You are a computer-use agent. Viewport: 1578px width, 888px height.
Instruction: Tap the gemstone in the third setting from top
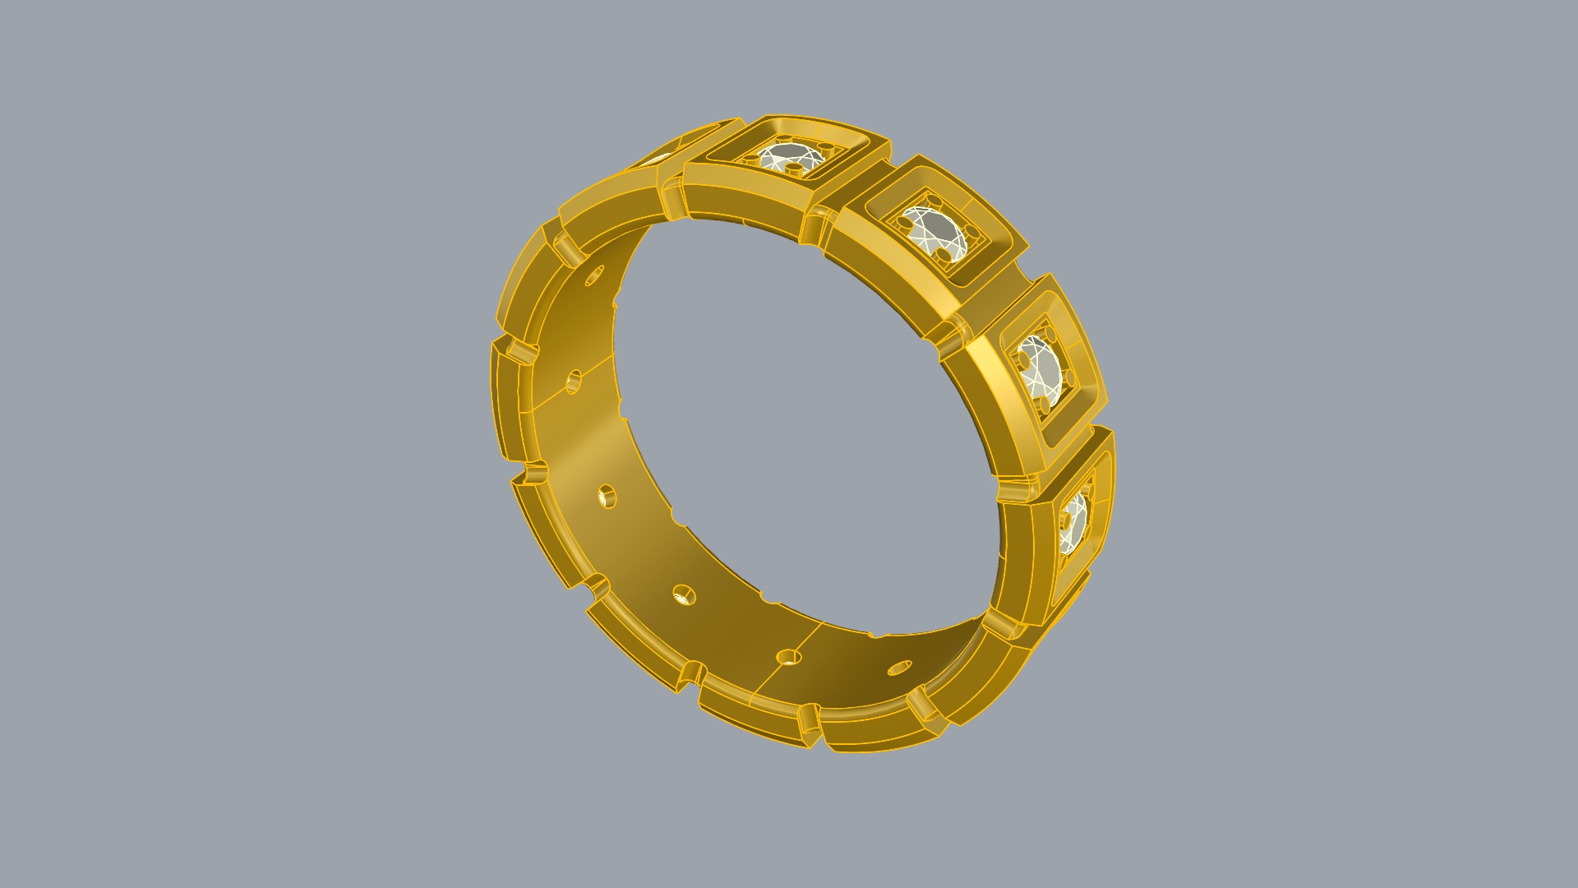point(1039,368)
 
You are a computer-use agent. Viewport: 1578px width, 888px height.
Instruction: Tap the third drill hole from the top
point(607,497)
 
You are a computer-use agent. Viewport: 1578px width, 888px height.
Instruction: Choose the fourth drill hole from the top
point(683,594)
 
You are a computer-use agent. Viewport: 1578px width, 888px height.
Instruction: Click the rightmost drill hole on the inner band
point(899,667)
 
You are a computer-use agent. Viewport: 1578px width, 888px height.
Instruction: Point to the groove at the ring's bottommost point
point(810,724)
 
